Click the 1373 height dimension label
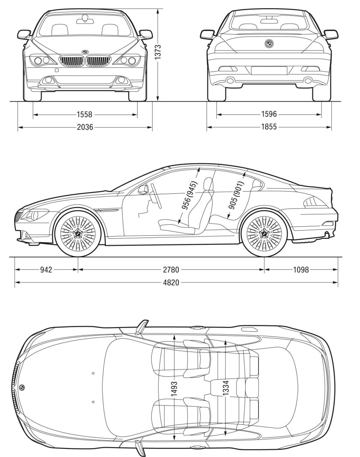click(158, 53)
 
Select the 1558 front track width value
click(85, 115)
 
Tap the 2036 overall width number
click(85, 127)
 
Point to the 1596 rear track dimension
click(269, 115)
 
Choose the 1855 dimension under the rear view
click(269, 127)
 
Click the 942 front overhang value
click(46, 270)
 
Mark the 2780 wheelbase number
click(171, 270)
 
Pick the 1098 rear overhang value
click(300, 270)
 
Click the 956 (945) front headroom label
click(189, 195)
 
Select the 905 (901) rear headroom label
click(236, 195)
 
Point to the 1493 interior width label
click(174, 391)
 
